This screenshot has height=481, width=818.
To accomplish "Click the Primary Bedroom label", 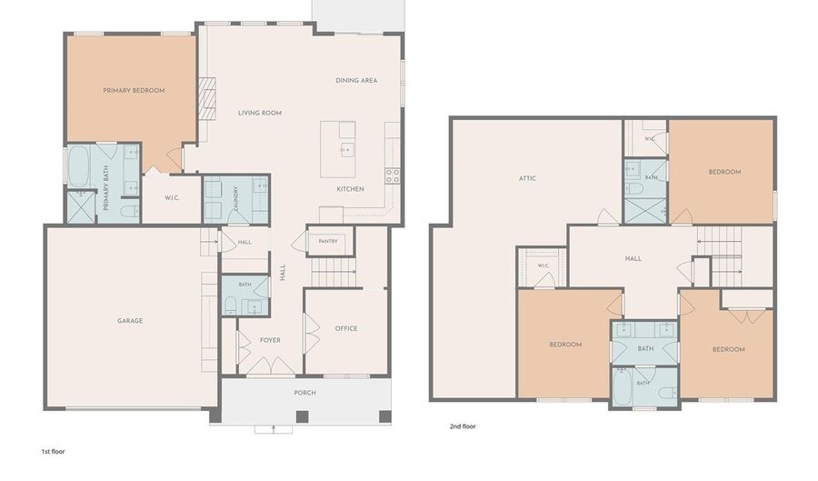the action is (134, 90).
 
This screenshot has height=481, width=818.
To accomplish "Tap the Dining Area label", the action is (356, 80).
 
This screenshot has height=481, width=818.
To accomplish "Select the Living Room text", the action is (260, 113).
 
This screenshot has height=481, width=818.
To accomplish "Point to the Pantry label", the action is (328, 242).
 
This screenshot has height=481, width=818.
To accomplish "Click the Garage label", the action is (130, 321).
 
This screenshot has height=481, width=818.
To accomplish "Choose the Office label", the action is (346, 328).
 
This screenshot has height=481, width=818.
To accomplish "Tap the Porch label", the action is (304, 393).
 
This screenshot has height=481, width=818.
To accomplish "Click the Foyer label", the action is (270, 340).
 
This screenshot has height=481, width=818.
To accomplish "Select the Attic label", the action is (527, 178).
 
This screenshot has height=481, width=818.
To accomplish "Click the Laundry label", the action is (236, 199).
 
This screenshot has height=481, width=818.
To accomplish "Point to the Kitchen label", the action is (350, 189).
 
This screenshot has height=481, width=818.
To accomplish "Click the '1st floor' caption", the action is (54, 452).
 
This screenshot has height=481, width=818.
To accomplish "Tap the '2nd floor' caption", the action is (463, 426).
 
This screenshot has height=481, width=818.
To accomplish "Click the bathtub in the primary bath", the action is (78, 165).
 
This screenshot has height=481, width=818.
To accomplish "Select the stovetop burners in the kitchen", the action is (393, 175).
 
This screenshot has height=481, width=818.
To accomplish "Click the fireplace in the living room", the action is (207, 98).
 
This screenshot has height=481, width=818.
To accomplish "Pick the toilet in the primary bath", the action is (129, 211).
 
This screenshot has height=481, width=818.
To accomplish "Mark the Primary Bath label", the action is (106, 188).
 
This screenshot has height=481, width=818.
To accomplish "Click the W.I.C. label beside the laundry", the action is (172, 198).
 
